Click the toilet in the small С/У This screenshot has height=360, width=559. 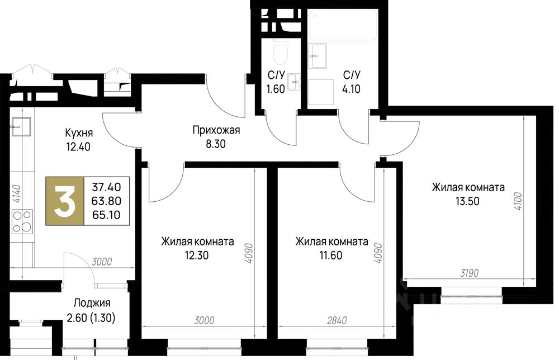click(280, 51)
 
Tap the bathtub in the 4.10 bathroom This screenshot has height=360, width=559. click(343, 25)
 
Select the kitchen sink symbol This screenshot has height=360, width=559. click(21, 126)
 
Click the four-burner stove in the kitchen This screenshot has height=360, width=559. click(22, 221)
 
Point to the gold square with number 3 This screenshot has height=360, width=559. click(65, 201)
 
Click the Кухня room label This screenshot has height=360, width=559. click(79, 133)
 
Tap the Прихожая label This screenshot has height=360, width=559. click(216, 130)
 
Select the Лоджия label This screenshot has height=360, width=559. click(92, 304)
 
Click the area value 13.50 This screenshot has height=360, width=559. click(467, 201)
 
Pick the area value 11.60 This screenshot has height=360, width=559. click(330, 255)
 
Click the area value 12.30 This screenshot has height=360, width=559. click(196, 255)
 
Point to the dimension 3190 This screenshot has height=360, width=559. click(469, 273)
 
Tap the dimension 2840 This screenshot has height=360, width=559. click(337, 321)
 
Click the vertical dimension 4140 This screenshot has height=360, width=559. click(16, 194)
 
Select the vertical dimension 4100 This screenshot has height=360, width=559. click(518, 201)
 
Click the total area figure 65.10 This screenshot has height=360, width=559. click(106, 215)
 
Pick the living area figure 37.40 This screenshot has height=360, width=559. click(106, 187)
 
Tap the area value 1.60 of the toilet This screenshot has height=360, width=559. click(276, 89)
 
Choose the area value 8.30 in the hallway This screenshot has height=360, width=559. click(216, 144)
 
